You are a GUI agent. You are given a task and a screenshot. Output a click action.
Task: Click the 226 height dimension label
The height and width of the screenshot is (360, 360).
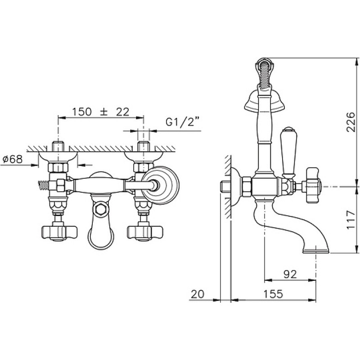coord(351,121)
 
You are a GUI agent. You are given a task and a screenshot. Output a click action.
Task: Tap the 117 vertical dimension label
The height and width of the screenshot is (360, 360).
coord(351,220)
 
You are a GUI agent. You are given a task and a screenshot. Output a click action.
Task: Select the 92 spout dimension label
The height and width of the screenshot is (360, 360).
coord(290,274)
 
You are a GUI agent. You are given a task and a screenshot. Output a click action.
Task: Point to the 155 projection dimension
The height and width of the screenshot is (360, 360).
coord(273,294)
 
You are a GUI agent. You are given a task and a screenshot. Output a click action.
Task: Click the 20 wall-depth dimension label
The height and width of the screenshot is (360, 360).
coord(198,294)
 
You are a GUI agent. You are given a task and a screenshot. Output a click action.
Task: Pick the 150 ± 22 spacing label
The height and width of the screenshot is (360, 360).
coord(101,112)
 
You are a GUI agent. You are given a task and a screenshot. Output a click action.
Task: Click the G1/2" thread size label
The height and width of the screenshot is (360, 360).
coord(183,121)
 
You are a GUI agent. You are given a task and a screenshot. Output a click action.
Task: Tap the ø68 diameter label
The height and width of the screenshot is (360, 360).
coord(13,159)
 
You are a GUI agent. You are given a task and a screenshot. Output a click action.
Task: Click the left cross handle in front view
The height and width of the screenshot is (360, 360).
coord(59,233)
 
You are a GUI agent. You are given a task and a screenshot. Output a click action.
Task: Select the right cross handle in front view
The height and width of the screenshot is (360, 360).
coord(145,233)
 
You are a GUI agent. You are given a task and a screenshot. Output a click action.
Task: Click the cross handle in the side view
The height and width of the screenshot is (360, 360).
coord(311,186)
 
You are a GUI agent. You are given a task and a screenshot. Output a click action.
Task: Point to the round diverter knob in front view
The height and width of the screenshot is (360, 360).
coord(161,185)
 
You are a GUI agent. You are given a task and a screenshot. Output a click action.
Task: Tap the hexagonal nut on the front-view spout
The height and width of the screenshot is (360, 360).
coord(100,209)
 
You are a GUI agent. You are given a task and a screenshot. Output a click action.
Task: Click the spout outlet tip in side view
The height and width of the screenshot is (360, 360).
coord(316,251)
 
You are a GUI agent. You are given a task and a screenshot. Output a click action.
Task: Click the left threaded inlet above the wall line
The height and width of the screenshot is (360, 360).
coord(58,147)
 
